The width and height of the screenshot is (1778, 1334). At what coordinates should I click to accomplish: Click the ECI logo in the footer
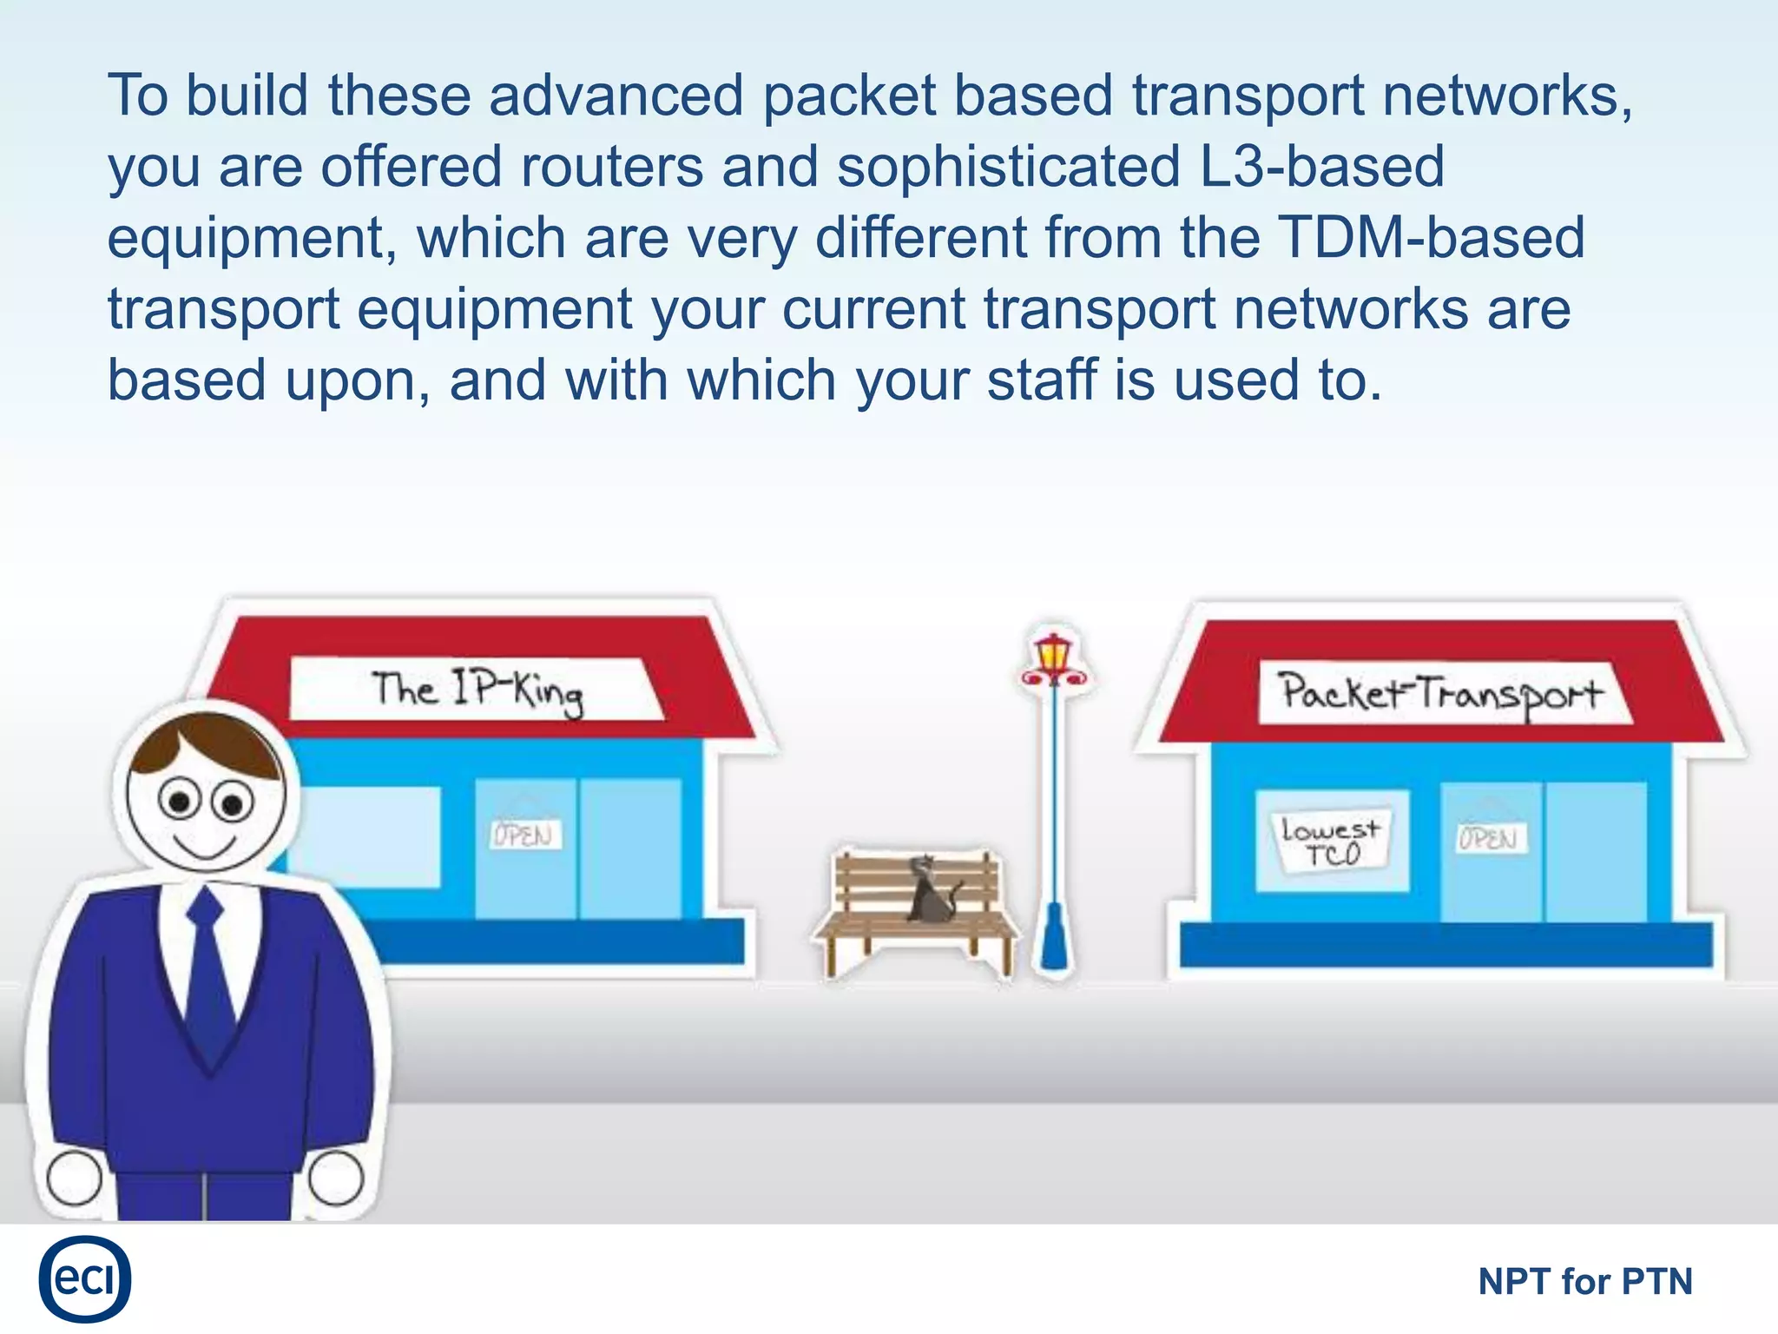click(84, 1278)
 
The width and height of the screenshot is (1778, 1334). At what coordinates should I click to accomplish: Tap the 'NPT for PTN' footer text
click(1584, 1282)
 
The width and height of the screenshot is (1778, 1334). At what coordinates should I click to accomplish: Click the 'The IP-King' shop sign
click(476, 690)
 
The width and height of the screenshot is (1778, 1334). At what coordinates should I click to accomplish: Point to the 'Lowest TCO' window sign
click(1330, 842)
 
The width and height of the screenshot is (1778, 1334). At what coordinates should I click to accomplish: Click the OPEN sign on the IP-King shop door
click(524, 835)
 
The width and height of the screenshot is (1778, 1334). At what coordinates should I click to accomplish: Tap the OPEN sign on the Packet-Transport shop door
click(1490, 838)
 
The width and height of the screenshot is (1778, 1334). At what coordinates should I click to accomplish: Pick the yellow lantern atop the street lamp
click(1053, 653)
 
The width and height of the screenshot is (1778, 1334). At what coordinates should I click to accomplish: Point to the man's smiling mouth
click(205, 846)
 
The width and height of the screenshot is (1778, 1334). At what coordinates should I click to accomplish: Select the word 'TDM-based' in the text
click(1432, 238)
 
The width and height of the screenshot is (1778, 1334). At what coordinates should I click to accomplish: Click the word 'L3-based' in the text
click(1320, 167)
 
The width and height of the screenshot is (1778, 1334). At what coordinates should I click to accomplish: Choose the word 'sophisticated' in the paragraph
click(1008, 167)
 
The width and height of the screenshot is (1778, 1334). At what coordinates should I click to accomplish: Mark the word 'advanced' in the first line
click(616, 96)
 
